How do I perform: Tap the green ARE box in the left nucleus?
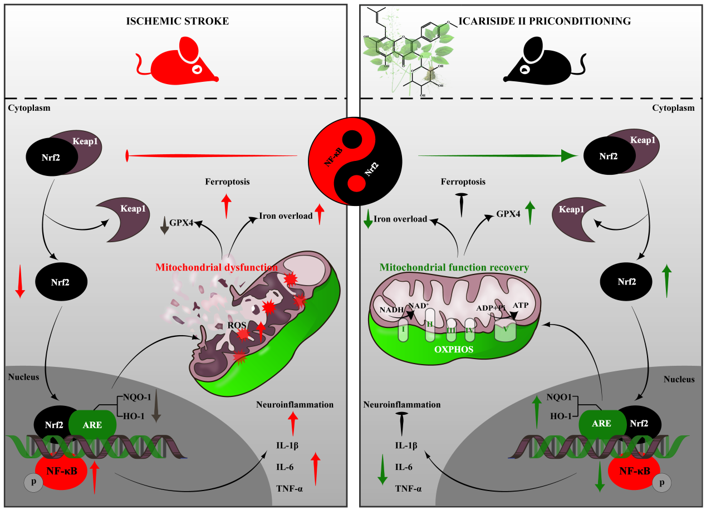(92, 424)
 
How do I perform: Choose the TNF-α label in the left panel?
(289, 488)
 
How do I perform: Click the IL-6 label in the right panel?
(404, 468)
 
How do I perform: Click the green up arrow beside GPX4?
(530, 213)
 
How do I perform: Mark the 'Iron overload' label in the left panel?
(286, 215)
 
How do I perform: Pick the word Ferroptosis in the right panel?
(463, 182)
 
